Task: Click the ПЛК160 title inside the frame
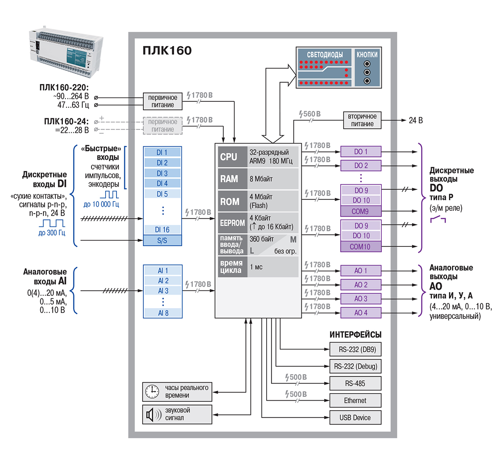167,51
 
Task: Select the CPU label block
229,157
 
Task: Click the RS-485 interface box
355,383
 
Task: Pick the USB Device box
355,417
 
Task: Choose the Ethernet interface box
355,401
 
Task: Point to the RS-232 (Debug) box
355,366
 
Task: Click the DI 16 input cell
162,230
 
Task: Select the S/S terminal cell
162,241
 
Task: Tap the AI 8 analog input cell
163,313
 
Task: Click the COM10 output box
360,247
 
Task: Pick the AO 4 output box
360,313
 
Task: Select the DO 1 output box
360,152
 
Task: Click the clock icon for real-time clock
152,392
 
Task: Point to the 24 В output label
415,121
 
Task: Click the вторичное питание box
362,120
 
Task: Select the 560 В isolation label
310,114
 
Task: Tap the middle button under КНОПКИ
367,72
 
